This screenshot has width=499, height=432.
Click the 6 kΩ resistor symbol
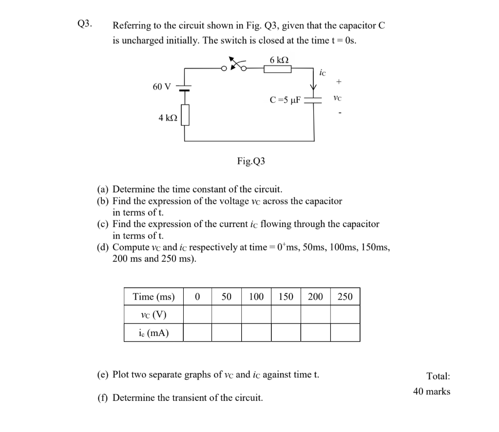coord(277,69)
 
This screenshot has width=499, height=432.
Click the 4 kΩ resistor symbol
coord(185,117)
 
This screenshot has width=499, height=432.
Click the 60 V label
coord(162,87)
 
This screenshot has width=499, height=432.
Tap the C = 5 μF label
coord(285,101)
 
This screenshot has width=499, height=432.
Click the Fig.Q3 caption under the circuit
coord(251,161)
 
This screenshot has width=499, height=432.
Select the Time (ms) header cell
coord(154,297)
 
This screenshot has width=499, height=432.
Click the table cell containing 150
coord(286,297)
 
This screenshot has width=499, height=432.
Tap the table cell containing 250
coord(345,297)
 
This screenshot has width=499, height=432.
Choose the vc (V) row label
coord(154,314)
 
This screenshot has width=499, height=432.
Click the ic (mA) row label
coord(154,333)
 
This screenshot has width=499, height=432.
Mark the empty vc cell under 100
coord(256,314)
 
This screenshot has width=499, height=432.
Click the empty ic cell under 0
coord(197,333)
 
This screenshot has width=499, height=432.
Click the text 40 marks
coord(432,391)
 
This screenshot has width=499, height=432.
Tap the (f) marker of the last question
coord(103,398)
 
